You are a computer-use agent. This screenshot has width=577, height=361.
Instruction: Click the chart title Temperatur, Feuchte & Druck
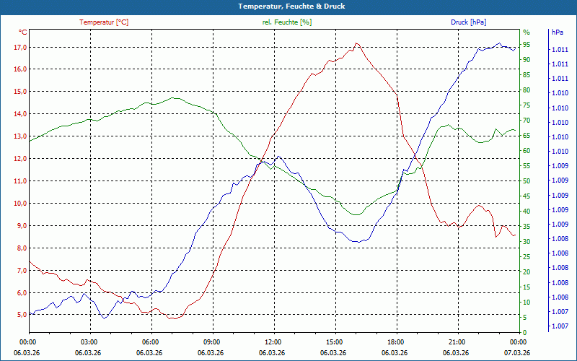(x=288, y=6)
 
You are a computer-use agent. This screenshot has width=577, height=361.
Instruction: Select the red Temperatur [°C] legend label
(x=104, y=22)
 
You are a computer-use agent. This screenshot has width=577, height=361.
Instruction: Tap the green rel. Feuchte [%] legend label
(x=287, y=22)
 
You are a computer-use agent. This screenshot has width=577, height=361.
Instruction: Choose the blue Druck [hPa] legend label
(x=468, y=22)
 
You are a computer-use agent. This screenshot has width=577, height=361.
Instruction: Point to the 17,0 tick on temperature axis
(x=19, y=48)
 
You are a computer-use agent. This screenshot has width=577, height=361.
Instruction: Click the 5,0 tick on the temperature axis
(x=19, y=315)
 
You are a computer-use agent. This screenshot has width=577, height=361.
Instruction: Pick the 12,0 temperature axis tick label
(x=19, y=159)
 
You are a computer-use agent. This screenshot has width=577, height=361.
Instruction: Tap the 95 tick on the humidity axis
(x=527, y=45)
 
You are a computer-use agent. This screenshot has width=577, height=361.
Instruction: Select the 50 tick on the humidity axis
(x=527, y=181)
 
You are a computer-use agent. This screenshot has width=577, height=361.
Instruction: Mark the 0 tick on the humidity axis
(x=525, y=333)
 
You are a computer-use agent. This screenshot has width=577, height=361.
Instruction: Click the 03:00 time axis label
(x=89, y=342)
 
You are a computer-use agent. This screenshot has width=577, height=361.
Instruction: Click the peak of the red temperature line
(x=356, y=43)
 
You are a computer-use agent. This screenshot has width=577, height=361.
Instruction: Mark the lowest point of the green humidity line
(x=356, y=215)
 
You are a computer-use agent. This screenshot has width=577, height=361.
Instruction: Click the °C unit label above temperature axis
(x=23, y=32)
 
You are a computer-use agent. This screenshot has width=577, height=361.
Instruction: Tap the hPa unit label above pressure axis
(x=557, y=32)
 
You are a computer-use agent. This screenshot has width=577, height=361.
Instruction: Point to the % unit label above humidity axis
(x=526, y=32)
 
